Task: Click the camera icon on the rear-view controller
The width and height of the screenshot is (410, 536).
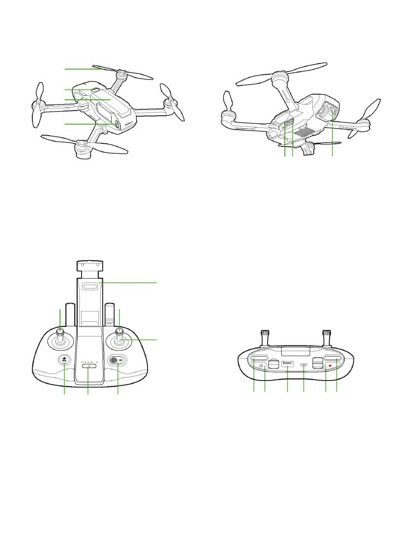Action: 261,366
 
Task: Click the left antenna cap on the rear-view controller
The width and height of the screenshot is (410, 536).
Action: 265,333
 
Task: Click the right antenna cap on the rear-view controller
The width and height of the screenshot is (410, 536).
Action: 327,333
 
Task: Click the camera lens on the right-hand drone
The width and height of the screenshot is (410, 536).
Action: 333,112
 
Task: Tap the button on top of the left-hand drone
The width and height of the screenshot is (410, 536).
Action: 93,89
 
